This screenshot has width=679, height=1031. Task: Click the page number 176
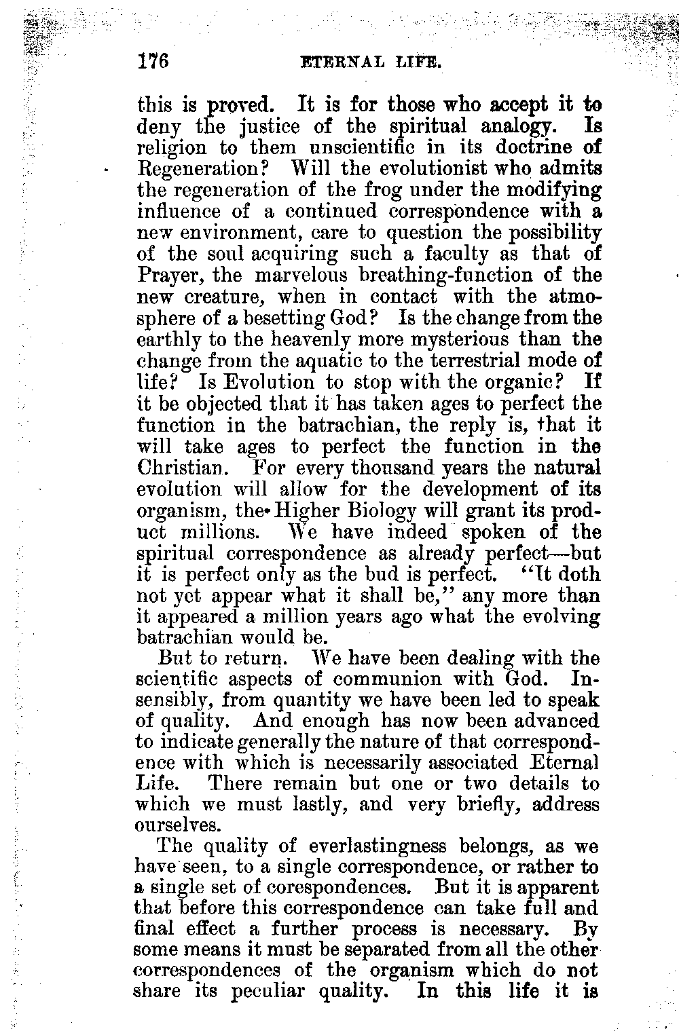[x=152, y=62]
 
